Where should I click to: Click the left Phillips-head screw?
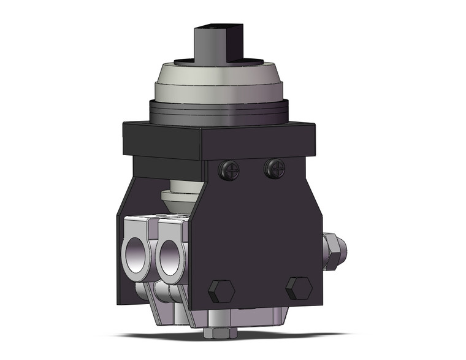[x=232, y=170]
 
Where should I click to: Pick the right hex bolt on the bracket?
[x=299, y=288]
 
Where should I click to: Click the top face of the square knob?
[x=212, y=27]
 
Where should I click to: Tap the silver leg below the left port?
[x=141, y=291]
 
